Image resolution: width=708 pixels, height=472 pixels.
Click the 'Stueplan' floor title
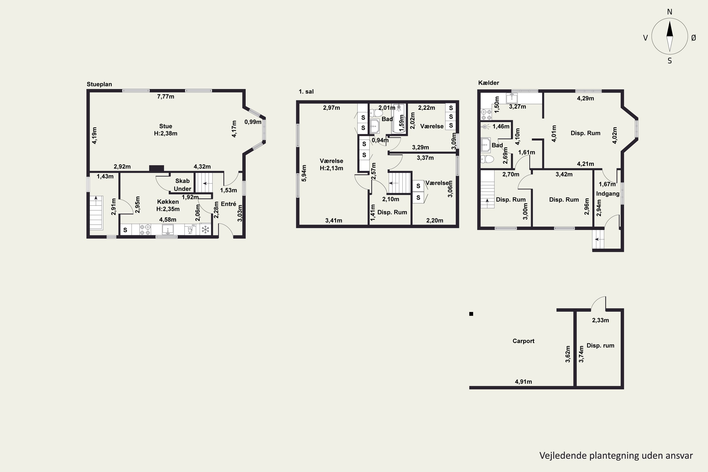pos(99,84)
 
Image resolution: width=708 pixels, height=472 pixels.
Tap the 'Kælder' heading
pos(489,83)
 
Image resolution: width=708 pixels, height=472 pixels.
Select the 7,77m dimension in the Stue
pos(166,97)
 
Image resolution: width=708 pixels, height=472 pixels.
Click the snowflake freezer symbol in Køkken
pos(205,230)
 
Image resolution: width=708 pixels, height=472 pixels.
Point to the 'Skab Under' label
pos(182,185)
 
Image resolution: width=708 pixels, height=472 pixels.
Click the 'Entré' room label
pos(228,204)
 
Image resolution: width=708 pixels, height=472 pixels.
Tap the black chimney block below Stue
pos(156,169)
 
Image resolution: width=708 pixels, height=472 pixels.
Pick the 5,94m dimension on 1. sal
pos(304,173)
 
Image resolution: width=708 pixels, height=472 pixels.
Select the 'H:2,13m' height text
pos(331,168)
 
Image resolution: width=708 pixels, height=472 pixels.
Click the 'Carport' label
pos(523,341)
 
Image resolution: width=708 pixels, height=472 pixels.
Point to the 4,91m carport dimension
pos(523,382)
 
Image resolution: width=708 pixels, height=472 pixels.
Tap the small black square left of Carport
pos(471,314)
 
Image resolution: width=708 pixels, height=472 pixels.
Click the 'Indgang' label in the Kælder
pos(608,194)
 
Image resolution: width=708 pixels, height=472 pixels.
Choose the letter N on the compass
pos(670,12)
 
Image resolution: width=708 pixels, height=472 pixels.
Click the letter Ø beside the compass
pos(694,38)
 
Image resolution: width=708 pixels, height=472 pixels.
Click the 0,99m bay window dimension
pos(253,122)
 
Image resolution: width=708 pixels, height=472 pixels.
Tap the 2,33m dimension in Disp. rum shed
pos(601,320)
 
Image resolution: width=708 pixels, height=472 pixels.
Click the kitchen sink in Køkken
pos(168,230)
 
